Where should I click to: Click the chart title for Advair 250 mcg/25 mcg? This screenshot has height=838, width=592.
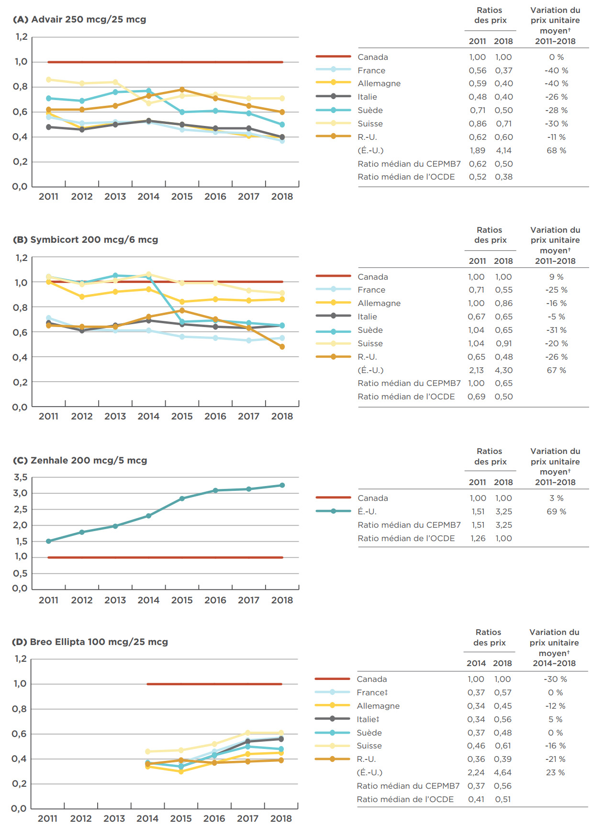(x=79, y=20)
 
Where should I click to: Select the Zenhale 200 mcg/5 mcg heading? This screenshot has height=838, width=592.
(x=79, y=461)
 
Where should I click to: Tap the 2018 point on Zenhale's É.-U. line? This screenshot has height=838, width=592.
(x=282, y=485)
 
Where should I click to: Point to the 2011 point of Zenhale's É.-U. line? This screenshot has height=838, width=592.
(x=48, y=541)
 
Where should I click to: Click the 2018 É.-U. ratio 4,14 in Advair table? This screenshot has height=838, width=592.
(x=503, y=150)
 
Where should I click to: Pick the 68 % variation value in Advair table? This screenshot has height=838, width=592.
(x=556, y=150)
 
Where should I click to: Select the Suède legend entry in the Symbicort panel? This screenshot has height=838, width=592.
(x=370, y=330)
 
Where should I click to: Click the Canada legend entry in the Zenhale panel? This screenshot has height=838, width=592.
(x=372, y=498)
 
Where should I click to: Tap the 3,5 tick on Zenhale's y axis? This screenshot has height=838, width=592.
(x=21, y=477)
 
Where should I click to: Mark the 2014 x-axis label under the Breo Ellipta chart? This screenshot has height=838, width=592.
(x=147, y=819)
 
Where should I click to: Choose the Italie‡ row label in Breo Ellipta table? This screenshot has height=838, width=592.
(x=368, y=719)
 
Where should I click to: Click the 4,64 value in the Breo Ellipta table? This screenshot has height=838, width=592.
(x=503, y=772)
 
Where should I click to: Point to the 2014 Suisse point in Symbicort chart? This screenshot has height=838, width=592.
(x=148, y=274)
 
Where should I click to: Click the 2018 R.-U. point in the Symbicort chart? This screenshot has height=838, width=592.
(x=282, y=347)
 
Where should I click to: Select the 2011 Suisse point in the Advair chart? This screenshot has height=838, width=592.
(x=48, y=79)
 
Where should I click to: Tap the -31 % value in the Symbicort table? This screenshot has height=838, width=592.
(x=556, y=330)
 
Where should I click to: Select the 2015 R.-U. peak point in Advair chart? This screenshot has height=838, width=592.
(x=182, y=90)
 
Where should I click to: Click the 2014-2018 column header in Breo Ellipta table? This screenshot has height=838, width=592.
(x=554, y=663)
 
